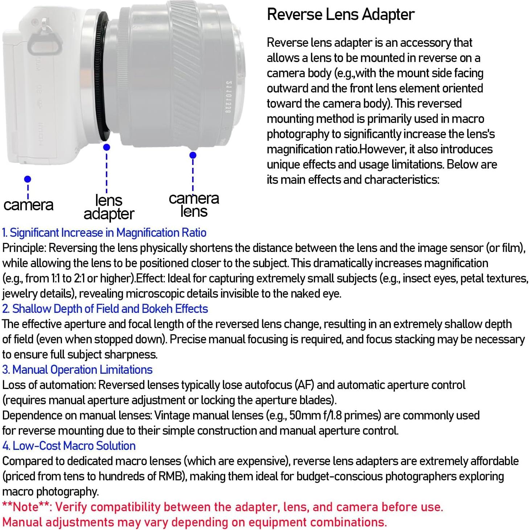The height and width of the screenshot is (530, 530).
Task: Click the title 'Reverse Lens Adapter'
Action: point(340,15)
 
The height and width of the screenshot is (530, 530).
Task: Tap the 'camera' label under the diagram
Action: point(28,205)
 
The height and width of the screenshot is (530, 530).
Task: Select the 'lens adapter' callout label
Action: point(109,207)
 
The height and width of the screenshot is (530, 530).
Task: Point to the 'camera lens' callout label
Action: point(194,205)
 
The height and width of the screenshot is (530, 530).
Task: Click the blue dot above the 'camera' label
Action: point(28,179)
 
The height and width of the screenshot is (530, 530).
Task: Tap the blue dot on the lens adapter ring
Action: point(107,147)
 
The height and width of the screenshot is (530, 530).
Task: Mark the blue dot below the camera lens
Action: point(193,155)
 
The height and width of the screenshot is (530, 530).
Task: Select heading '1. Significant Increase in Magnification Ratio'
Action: point(104,233)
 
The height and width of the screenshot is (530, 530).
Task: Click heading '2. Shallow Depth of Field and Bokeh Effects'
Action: point(105,309)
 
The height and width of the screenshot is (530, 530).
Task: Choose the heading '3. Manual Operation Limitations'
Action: point(77,370)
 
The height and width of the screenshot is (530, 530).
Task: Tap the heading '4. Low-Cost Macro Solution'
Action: point(69,446)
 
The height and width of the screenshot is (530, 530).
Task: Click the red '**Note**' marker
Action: point(26,507)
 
